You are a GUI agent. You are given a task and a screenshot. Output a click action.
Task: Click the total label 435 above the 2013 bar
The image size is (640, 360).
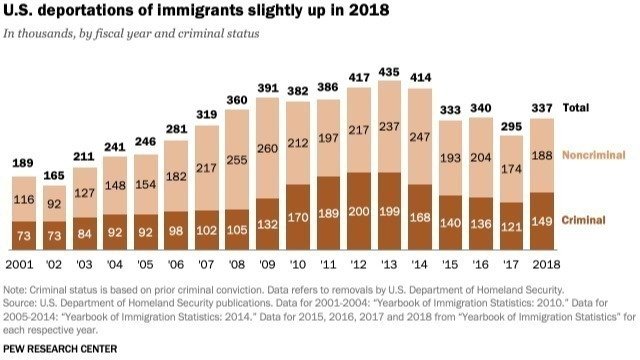point(438,72)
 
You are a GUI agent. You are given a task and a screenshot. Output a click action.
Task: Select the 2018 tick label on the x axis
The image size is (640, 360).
point(543,265)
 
